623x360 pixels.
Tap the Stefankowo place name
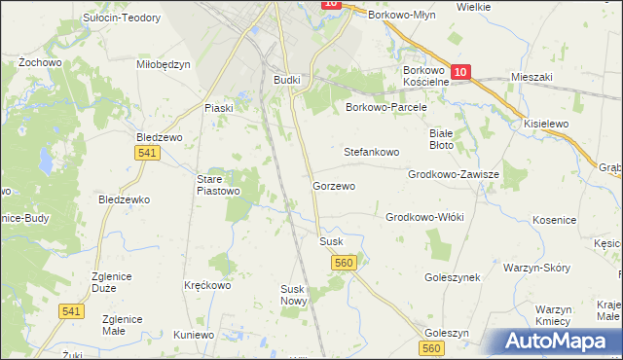372,153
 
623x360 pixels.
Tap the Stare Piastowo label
218,185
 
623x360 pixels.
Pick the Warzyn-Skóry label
536,267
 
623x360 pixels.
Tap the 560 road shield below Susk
343,263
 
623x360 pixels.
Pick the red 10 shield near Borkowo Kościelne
460,71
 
